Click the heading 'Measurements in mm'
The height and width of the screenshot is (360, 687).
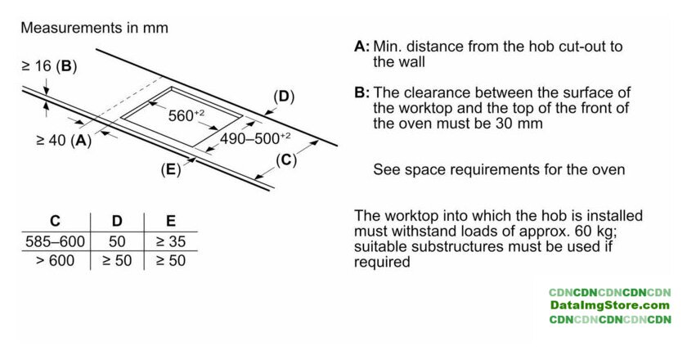[94, 28]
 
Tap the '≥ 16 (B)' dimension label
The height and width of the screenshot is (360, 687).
[48, 66]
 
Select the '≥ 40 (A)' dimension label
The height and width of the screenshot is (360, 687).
[64, 140]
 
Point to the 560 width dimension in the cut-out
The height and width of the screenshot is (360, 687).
[186, 115]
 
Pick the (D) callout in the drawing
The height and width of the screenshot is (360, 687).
[284, 97]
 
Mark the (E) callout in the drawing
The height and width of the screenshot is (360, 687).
[170, 170]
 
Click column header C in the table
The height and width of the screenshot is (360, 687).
[55, 221]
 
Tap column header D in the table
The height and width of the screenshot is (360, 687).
[116, 221]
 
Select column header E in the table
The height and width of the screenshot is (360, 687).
[170, 221]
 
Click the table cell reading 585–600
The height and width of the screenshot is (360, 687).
[55, 242]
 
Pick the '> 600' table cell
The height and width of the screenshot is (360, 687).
[55, 261]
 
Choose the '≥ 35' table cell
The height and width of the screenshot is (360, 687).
[170, 242]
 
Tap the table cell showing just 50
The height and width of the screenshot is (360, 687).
[116, 242]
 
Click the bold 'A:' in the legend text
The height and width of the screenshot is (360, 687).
[362, 46]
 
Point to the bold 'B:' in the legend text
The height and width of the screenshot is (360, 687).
[362, 92]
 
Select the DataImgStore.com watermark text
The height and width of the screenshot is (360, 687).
[609, 305]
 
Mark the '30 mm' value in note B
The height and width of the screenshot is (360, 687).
[520, 124]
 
